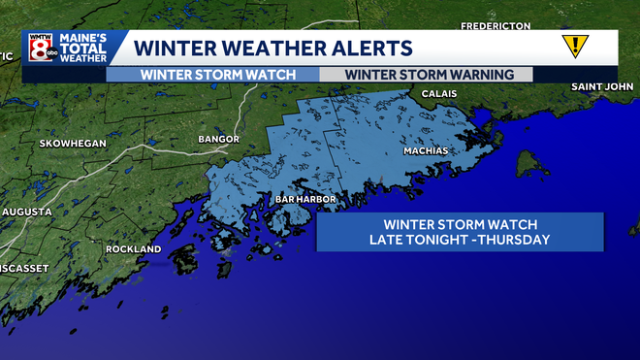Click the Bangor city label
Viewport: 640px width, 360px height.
(x=218, y=140)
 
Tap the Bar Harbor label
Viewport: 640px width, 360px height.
(x=305, y=199)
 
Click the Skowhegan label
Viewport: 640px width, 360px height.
(x=72, y=144)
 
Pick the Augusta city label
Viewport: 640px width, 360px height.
(x=26, y=211)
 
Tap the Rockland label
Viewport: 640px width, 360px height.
(x=134, y=249)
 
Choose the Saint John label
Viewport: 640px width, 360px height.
(x=601, y=87)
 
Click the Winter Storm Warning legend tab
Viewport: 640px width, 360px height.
(x=425, y=74)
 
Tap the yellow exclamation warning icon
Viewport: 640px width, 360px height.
(x=575, y=46)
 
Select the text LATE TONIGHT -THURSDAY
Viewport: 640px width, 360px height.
(x=460, y=240)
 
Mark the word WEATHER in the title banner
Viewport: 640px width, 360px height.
(x=272, y=48)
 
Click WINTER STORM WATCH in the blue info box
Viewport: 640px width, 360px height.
(x=460, y=223)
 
